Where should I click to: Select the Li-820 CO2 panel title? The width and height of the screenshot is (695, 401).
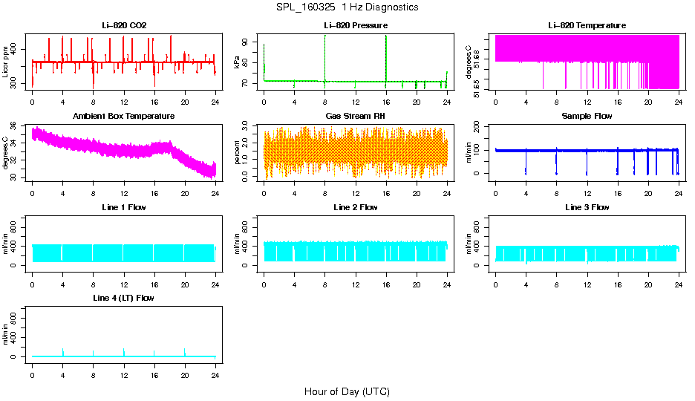pyautogui.click(x=124, y=26)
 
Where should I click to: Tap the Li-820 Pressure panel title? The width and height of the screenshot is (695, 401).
pyautogui.click(x=356, y=26)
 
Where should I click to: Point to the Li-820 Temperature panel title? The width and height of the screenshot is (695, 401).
pyautogui.click(x=587, y=26)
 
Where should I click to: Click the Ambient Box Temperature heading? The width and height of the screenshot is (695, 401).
pyautogui.click(x=124, y=117)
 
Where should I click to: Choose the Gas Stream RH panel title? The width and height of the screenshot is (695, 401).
pyautogui.click(x=356, y=117)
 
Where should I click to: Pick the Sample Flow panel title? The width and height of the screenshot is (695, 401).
pyautogui.click(x=587, y=117)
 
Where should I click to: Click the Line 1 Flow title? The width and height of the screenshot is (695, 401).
pyautogui.click(x=124, y=207)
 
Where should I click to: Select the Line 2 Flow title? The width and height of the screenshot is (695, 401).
pyautogui.click(x=356, y=207)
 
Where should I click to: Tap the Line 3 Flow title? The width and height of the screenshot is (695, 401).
pyautogui.click(x=587, y=207)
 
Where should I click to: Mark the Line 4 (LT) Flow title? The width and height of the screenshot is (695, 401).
pyautogui.click(x=124, y=298)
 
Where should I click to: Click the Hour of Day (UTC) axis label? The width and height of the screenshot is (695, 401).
pyautogui.click(x=347, y=391)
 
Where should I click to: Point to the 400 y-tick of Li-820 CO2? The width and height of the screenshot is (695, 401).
pyautogui.click(x=17, y=50)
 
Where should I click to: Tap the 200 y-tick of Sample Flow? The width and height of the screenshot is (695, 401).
pyautogui.click(x=480, y=126)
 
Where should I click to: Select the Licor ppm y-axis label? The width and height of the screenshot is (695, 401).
pyautogui.click(x=6, y=62)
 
